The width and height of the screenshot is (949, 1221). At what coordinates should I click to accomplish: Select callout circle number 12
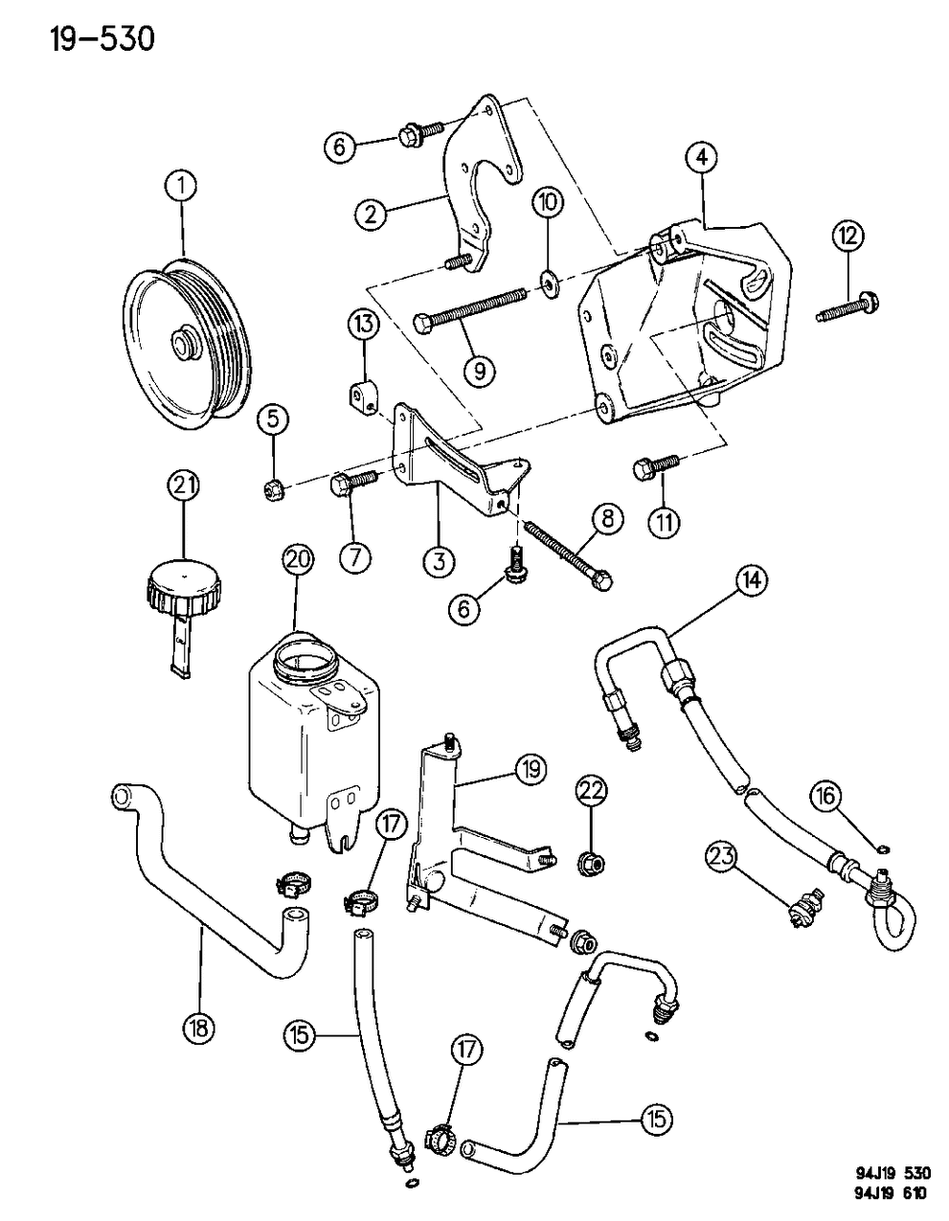tap(849, 236)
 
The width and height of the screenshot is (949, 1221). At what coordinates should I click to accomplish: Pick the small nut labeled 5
tap(271, 492)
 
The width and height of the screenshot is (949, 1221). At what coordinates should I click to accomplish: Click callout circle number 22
tap(590, 790)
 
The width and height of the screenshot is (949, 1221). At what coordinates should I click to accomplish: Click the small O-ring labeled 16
tap(881, 846)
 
